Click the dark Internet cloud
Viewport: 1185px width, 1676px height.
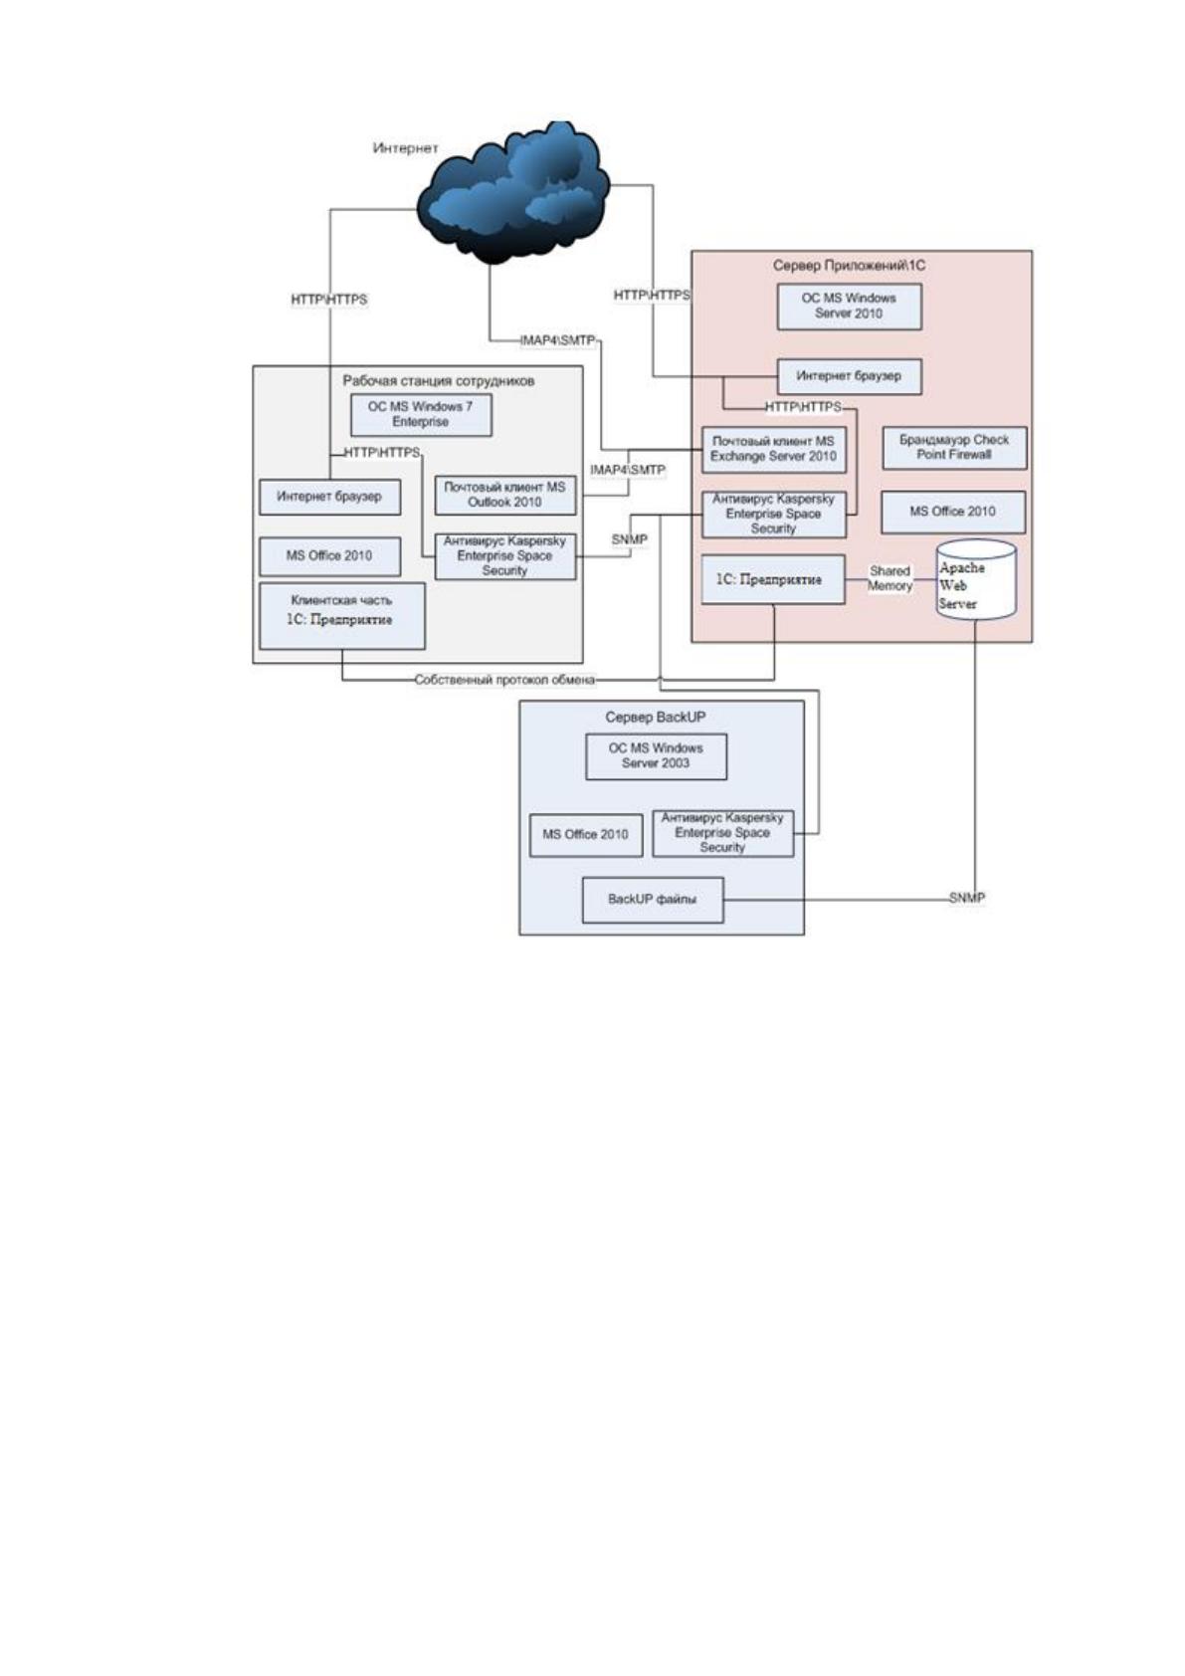click(x=512, y=194)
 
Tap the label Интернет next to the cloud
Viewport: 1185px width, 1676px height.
click(x=405, y=148)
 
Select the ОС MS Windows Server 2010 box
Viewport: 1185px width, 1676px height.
click(x=849, y=306)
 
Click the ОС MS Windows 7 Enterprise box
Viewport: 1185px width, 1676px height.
click(x=421, y=414)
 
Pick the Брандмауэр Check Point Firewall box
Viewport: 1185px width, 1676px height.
click(x=954, y=448)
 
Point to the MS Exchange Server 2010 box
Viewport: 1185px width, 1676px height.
click(x=773, y=449)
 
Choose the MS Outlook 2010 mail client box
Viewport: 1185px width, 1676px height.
click(x=505, y=495)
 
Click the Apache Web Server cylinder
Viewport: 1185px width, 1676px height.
click(x=976, y=580)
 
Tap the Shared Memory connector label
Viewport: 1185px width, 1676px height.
click(x=890, y=578)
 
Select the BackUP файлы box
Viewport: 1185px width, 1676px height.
click(x=653, y=900)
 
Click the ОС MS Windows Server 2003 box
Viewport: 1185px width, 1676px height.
click(x=656, y=756)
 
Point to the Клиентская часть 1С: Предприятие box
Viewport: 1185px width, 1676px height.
click(x=342, y=616)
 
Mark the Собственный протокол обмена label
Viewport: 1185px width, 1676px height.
click(x=505, y=680)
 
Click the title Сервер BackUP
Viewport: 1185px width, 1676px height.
click(x=656, y=717)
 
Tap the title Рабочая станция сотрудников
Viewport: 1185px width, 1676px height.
click(x=439, y=381)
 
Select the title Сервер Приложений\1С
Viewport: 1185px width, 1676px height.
click(x=849, y=266)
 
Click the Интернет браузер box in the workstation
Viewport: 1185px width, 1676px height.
click(x=330, y=497)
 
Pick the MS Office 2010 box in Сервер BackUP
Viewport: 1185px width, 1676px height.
click(x=586, y=835)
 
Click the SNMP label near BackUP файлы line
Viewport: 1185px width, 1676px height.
click(x=966, y=898)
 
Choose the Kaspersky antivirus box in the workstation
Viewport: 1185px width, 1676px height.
click(x=505, y=556)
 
